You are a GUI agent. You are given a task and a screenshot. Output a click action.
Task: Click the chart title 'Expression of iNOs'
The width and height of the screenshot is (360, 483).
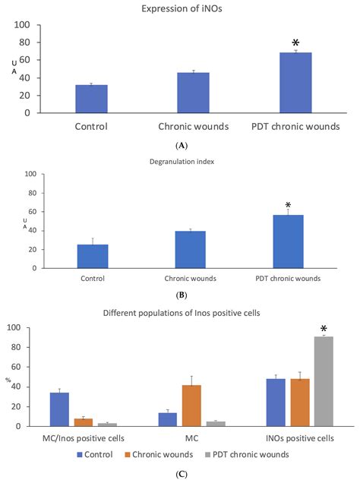tap(179, 8)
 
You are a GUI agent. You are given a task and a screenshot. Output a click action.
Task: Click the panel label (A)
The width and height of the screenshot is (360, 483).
tap(181, 144)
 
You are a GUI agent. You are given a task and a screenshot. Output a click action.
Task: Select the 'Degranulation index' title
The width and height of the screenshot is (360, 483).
tap(179, 161)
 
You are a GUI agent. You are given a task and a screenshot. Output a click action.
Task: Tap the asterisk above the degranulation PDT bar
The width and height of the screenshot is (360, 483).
tap(288, 206)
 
